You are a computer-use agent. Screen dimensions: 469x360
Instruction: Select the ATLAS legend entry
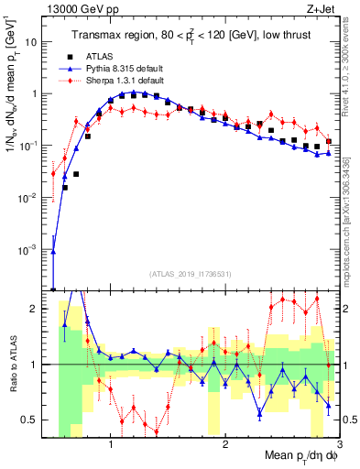pos(112,57)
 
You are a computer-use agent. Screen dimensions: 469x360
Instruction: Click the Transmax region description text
pos(194,35)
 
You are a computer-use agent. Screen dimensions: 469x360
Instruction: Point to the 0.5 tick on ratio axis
pos(35,420)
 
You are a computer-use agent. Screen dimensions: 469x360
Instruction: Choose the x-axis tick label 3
pos(339,443)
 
